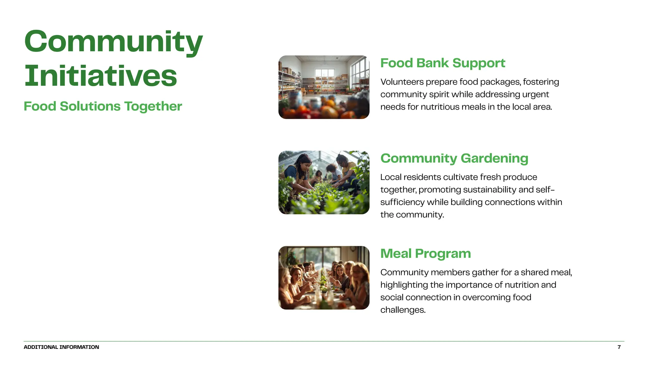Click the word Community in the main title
click(x=113, y=42)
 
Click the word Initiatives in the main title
click(x=101, y=76)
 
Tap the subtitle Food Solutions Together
click(x=103, y=106)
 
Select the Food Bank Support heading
click(x=443, y=63)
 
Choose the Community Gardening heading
click(x=454, y=158)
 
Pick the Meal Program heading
click(x=426, y=253)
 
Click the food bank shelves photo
click(x=324, y=87)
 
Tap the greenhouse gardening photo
click(x=324, y=182)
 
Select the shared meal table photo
click(x=324, y=278)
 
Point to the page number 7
click(x=619, y=347)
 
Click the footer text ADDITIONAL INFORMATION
click(x=61, y=347)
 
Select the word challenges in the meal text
click(x=403, y=310)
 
